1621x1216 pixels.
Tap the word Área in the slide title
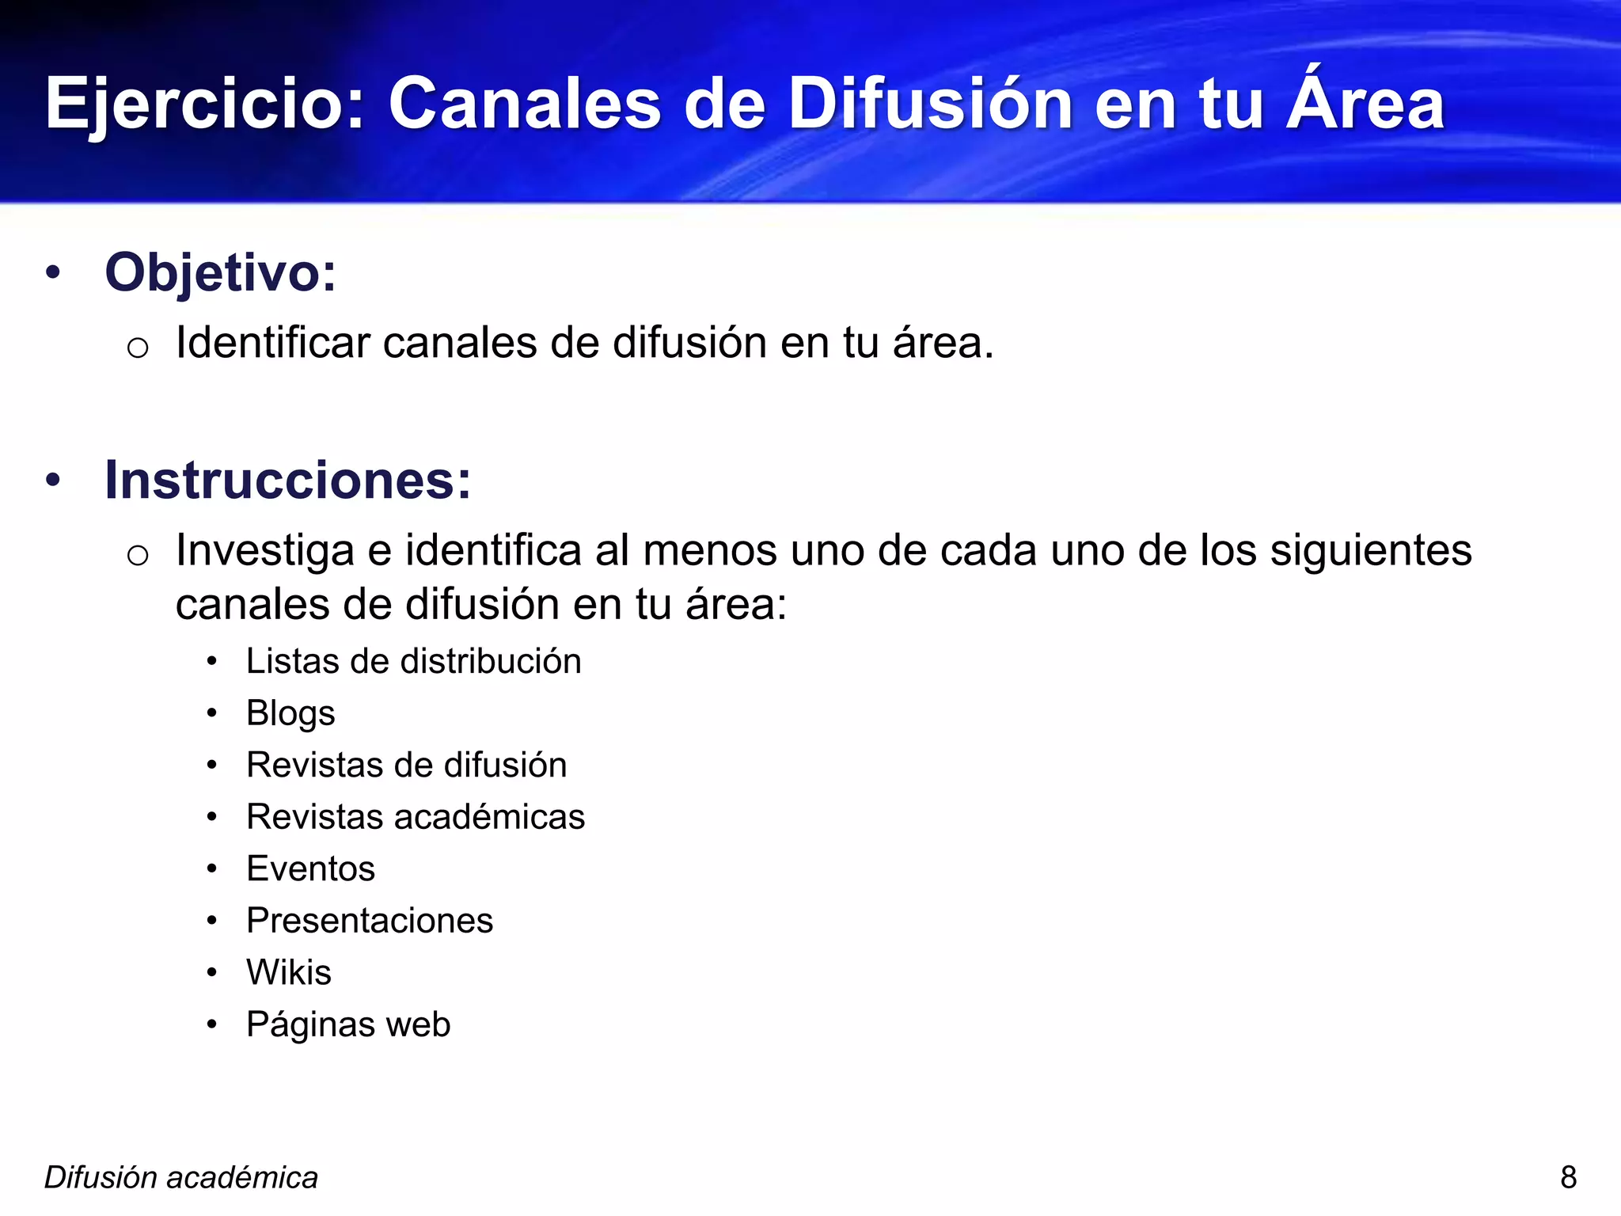tap(1365, 103)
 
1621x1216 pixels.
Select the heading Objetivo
tap(221, 273)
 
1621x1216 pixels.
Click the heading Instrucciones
tap(288, 481)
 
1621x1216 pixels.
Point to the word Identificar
tap(273, 344)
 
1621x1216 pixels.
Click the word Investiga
tap(264, 551)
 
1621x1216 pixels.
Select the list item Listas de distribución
tap(413, 662)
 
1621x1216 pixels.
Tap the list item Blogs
tap(290, 713)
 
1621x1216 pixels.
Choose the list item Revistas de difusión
tap(406, 766)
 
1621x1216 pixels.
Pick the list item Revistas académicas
tap(416, 817)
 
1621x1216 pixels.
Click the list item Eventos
tap(310, 869)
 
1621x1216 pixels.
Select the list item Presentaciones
tap(370, 921)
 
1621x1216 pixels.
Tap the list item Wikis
tap(289, 973)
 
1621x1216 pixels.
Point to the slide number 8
tap(1568, 1178)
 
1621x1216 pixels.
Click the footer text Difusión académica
tap(181, 1178)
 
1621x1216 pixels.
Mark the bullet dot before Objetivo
tap(53, 273)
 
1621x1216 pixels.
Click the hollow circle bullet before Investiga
tap(138, 555)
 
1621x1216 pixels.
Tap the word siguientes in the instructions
tap(1371, 551)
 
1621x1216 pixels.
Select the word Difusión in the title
tap(931, 104)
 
